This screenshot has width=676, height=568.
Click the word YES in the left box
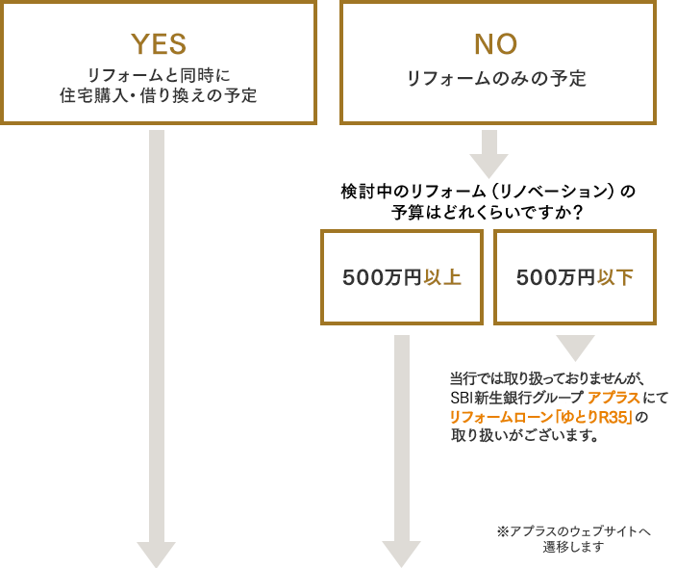click(159, 43)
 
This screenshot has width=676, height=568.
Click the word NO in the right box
click(496, 43)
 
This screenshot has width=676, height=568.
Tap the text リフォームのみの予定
click(496, 79)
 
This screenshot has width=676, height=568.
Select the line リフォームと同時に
click(159, 74)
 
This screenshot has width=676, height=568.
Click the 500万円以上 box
click(402, 277)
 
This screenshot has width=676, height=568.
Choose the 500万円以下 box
click(575, 277)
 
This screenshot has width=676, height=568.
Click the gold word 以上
click(442, 277)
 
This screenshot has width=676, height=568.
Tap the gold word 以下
click(615, 277)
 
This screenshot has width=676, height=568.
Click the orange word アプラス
click(614, 398)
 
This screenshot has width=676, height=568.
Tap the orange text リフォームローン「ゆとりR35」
click(541, 417)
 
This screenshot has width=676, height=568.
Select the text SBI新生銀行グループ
click(516, 398)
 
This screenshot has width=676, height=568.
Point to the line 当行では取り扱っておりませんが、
click(546, 378)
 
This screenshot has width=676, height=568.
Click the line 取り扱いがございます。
click(524, 435)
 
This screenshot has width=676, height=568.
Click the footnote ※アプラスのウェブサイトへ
click(574, 530)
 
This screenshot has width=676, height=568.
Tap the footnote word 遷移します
click(573, 547)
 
